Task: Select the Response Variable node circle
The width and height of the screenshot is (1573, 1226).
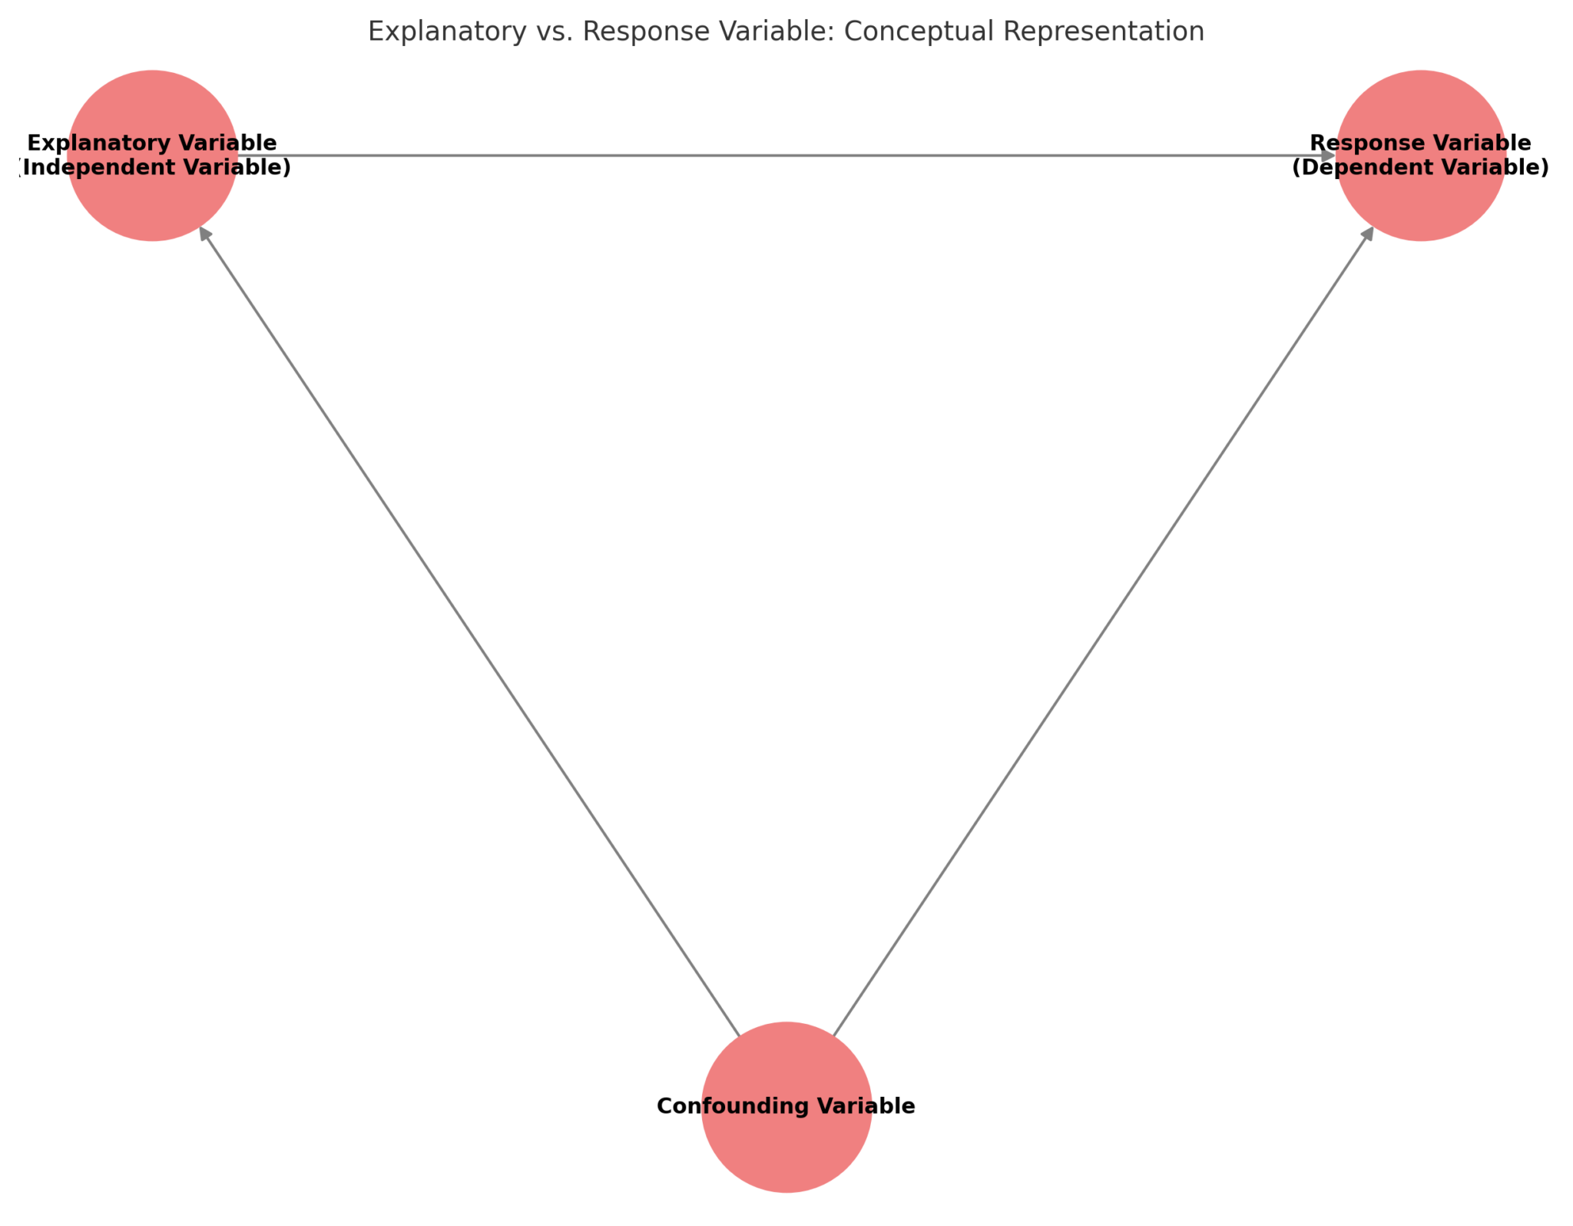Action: [x=1420, y=204]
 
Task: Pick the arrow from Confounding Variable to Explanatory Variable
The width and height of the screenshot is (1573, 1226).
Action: [x=469, y=631]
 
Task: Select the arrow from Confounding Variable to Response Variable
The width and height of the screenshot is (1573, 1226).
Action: [x=1103, y=631]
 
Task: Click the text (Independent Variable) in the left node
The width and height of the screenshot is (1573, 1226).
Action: [x=154, y=167]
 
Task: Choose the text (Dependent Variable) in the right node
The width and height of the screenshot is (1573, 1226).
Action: [x=1420, y=167]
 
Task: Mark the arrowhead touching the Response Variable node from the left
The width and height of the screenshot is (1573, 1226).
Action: [x=1327, y=156]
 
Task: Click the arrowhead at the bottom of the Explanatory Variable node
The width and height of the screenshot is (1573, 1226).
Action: [x=204, y=234]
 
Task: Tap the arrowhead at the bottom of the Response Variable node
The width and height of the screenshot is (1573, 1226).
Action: [x=1367, y=234]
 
